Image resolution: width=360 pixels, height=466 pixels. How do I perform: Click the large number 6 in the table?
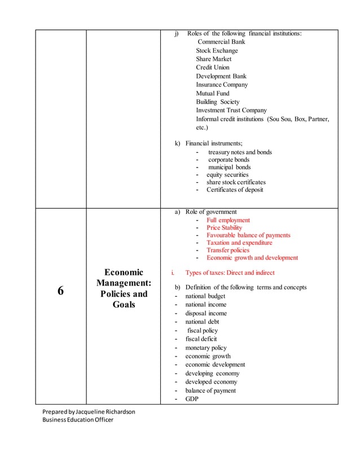pos(60,291)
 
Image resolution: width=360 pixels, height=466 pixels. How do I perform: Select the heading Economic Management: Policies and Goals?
pos(124,288)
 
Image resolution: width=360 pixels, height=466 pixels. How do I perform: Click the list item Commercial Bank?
pos(221,42)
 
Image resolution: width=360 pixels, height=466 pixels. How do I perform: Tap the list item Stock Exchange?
pos(217,50)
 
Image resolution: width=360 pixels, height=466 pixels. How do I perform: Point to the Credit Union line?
pos(213,67)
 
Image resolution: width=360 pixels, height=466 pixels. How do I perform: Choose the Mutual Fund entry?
pos(213,93)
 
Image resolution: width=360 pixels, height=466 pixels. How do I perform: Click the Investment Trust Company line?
pos(231,111)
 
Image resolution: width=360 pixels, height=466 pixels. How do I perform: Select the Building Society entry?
pos(217,102)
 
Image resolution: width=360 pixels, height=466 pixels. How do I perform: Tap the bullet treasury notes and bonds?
pos(240,152)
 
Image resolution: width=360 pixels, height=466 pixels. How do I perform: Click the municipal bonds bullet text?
pos(229,168)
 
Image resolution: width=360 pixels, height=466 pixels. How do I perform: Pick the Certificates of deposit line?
pos(234,190)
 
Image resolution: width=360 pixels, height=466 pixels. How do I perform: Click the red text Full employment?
pos(228,221)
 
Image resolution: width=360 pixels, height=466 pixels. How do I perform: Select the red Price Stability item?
pos(224,228)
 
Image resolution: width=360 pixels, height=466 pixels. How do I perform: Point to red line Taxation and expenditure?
pos(239,243)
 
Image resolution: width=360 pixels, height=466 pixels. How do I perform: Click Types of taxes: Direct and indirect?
pos(230,273)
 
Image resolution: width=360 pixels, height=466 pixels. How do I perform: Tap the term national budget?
pos(205,296)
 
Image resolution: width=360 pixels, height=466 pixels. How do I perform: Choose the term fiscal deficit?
pos(201,339)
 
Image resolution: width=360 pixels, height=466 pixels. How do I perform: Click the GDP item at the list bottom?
pos(192,399)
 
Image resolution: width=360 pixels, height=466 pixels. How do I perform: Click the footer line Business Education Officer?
pos(78,420)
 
